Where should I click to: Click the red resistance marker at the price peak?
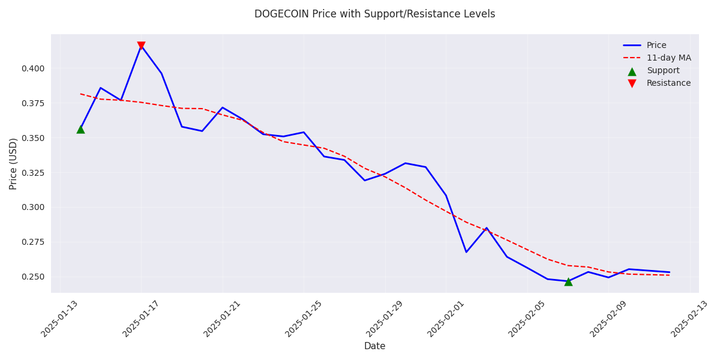(x=141, y=46)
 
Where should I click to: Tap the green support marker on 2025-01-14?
(x=80, y=129)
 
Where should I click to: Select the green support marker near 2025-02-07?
(x=568, y=281)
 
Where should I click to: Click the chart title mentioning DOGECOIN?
(x=374, y=14)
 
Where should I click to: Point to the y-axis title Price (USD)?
(x=13, y=163)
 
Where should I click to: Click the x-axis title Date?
(x=374, y=346)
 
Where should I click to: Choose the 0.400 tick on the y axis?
(x=32, y=68)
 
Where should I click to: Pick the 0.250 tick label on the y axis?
(x=32, y=277)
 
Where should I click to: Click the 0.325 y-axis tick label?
(x=32, y=173)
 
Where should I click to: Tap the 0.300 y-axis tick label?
(x=32, y=207)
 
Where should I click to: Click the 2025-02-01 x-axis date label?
(x=446, y=318)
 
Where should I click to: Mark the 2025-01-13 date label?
(x=61, y=318)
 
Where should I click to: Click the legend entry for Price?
(x=656, y=46)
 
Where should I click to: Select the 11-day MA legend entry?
(x=668, y=58)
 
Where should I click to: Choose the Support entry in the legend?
(x=663, y=71)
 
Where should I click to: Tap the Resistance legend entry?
(x=668, y=83)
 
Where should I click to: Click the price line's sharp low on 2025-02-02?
(x=466, y=252)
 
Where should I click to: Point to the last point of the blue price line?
(x=670, y=272)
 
